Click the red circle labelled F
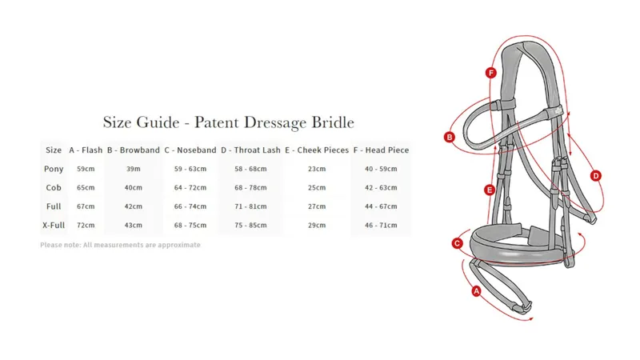point(490,73)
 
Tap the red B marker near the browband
point(450,137)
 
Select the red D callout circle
point(596,176)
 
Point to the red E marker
point(490,190)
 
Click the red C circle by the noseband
point(457,243)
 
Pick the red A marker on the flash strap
point(476,291)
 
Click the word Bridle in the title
point(333,122)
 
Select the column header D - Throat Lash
point(250,150)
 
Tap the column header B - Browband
point(134,150)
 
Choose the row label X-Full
point(54,225)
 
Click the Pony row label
point(54,169)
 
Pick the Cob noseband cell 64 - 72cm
point(190,188)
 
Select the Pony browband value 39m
point(134,169)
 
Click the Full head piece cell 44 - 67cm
point(381,206)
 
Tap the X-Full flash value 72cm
point(86,226)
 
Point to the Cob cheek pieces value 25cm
point(317,188)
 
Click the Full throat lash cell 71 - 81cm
point(250,206)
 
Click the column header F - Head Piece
point(381,150)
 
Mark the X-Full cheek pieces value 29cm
point(317,226)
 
